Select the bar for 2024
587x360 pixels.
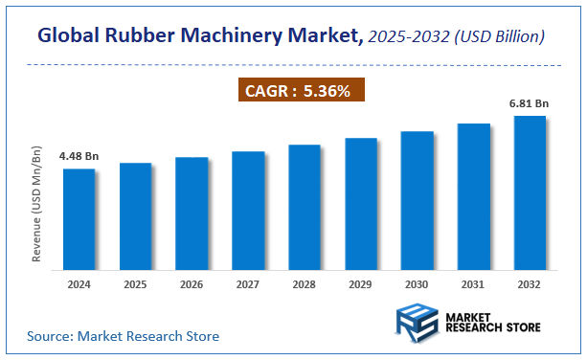tap(79, 216)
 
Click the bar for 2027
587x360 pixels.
tap(248, 208)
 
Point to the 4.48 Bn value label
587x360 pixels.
tap(79, 155)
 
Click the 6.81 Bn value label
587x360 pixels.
tap(530, 102)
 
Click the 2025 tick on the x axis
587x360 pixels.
tap(136, 283)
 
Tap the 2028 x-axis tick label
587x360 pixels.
tap(305, 283)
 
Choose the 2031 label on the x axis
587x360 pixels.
tap(473, 283)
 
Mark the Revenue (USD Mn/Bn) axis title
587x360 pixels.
tap(37, 205)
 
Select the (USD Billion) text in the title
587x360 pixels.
tap(497, 36)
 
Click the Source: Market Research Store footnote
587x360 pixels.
tap(123, 336)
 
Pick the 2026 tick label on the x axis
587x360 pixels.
tap(192, 283)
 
